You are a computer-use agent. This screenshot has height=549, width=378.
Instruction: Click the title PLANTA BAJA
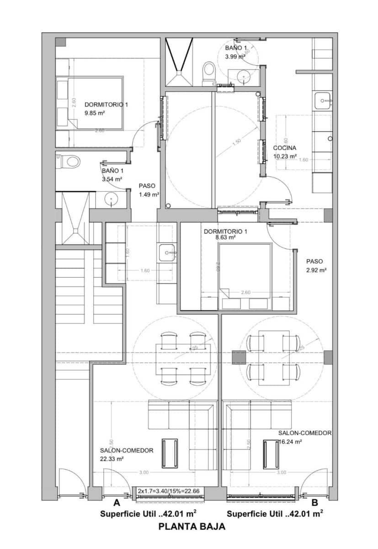coord(192,527)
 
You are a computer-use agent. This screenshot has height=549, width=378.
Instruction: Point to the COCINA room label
coord(285,148)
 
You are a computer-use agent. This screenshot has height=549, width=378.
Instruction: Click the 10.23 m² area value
coord(285,156)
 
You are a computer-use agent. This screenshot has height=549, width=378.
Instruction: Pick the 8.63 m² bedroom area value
coord(225,238)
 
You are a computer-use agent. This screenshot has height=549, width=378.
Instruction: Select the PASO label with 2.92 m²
coord(314,261)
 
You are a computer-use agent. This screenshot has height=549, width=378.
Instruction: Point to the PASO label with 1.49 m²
coord(147,186)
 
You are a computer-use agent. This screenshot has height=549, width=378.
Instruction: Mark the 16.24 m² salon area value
coord(291,442)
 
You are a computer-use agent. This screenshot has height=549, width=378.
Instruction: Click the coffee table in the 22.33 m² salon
coord(170,453)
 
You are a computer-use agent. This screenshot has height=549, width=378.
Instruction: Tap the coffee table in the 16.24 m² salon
coord(271,453)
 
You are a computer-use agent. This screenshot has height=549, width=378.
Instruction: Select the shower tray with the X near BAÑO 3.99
coord(178,62)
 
